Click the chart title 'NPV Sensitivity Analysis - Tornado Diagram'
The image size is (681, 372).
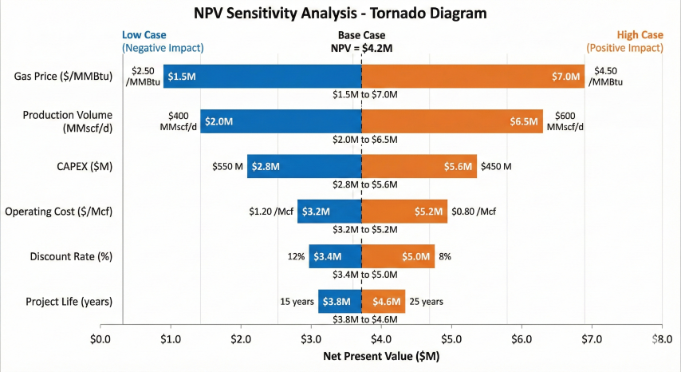[340, 14]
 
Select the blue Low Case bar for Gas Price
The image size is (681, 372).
[262, 76]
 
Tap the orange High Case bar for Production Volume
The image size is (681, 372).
[452, 121]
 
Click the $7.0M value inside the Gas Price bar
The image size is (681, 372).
[567, 76]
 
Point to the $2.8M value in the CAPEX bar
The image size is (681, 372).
[266, 166]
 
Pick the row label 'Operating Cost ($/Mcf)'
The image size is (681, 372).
[57, 212]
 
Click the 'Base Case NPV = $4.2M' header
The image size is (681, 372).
[361, 42]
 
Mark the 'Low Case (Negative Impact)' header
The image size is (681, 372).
[163, 42]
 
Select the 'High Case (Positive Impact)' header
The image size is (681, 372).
[624, 42]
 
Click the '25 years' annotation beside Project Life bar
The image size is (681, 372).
[427, 302]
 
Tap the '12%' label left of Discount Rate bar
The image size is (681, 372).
[297, 256]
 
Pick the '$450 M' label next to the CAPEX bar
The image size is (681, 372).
[496, 166]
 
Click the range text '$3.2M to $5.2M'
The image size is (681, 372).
[364, 230]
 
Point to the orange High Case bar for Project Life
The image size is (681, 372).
[384, 302]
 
